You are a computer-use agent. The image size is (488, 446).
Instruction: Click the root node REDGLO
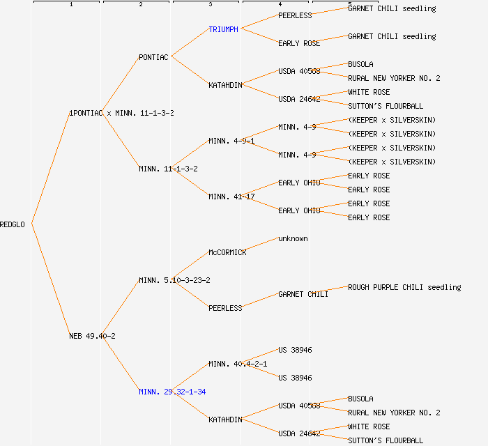point(13,224)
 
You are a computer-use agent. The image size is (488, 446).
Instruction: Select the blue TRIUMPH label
point(223,29)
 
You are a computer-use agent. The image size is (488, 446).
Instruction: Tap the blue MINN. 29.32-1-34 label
point(172,392)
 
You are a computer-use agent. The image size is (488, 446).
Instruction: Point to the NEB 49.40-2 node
point(92,336)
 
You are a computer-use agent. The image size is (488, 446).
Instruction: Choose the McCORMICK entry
point(227,252)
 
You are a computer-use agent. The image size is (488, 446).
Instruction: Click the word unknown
point(293,238)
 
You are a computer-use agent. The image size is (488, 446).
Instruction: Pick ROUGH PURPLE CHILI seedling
point(404,287)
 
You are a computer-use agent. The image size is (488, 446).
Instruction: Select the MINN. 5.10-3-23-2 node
point(174,280)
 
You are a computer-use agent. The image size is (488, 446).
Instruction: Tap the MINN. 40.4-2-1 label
point(238,364)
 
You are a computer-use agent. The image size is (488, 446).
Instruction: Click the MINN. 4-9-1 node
point(231,141)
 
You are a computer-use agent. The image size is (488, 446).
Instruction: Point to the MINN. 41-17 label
point(231,197)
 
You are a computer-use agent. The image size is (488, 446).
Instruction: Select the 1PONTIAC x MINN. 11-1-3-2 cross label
point(121,113)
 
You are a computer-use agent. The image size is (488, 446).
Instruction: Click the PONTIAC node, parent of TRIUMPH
point(153,57)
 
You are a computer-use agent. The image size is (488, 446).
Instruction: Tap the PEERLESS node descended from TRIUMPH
point(295,15)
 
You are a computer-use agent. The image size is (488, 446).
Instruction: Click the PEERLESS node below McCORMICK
point(225,308)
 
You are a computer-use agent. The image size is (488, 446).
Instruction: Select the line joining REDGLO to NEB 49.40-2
point(50,280)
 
